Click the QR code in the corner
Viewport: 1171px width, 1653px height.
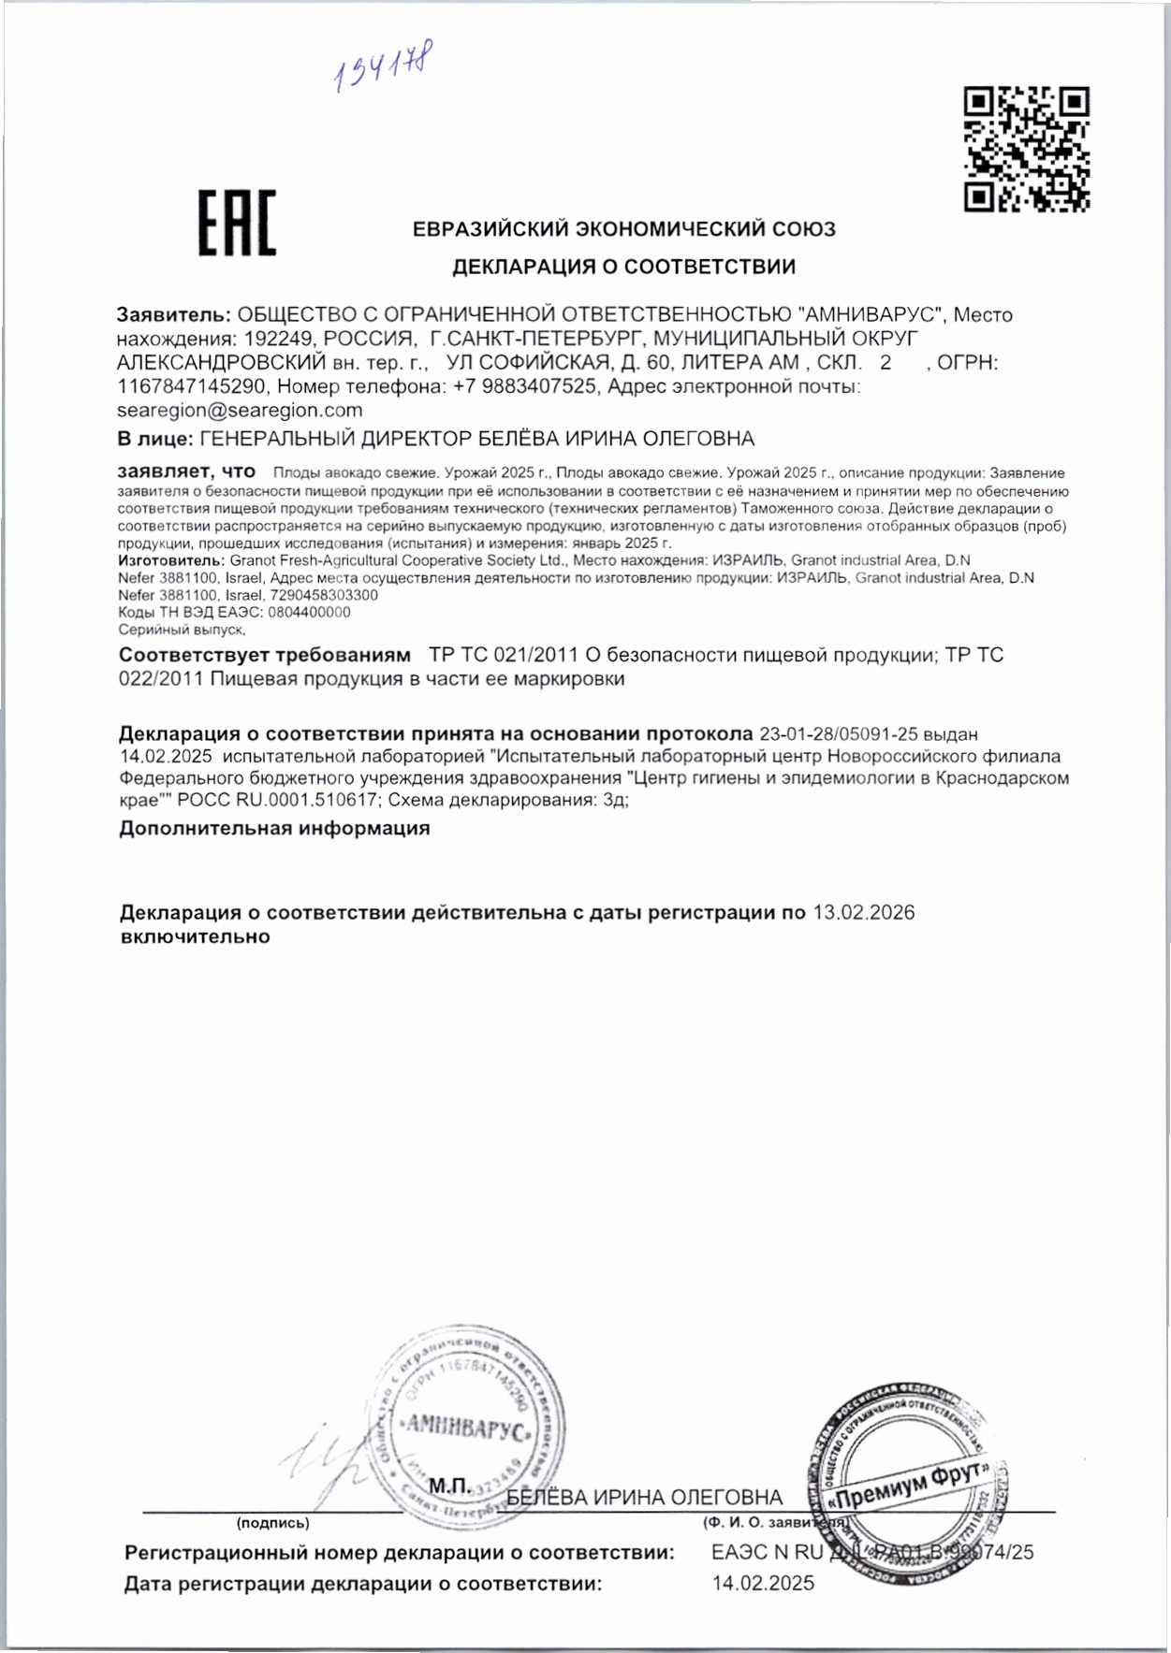pyautogui.click(x=1026, y=149)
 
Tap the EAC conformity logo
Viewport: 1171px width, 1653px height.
pyautogui.click(x=237, y=223)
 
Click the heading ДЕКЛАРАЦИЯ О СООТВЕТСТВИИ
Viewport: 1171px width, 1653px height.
pyautogui.click(x=623, y=268)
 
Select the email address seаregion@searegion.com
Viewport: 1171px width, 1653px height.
pyautogui.click(x=240, y=411)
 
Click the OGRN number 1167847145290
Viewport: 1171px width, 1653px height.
pyautogui.click(x=192, y=386)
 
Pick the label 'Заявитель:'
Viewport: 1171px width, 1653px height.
pyautogui.click(x=173, y=315)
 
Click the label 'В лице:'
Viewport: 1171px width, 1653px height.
pyautogui.click(x=155, y=439)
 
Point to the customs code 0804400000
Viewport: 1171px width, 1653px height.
pyautogui.click(x=309, y=613)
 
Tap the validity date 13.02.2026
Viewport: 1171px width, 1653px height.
pyautogui.click(x=863, y=913)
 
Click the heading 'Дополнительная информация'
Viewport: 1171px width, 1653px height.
pyautogui.click(x=274, y=829)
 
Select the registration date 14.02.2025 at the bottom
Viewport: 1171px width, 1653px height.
pyautogui.click(x=763, y=1584)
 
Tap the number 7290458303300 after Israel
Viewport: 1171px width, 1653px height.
pyautogui.click(x=324, y=595)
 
